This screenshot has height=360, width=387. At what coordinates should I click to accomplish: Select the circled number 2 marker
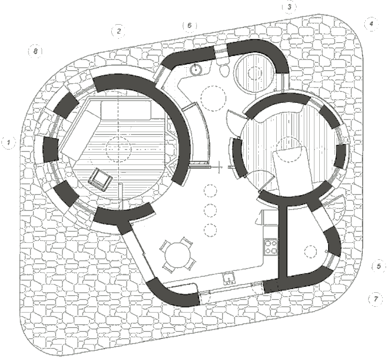click(x=118, y=31)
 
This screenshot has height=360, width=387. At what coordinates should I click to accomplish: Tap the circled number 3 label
click(x=289, y=7)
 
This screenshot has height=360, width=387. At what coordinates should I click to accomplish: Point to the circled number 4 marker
click(x=371, y=23)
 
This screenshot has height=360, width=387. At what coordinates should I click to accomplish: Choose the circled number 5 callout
click(x=378, y=266)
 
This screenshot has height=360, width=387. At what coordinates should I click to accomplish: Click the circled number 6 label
click(x=189, y=25)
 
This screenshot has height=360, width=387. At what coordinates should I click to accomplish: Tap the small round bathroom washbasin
click(x=196, y=69)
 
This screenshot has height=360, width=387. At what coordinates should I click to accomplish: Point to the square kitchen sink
click(x=227, y=278)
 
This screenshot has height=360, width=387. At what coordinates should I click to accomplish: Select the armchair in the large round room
click(x=100, y=179)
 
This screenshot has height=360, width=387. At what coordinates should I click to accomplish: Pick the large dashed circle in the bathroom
click(x=212, y=96)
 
